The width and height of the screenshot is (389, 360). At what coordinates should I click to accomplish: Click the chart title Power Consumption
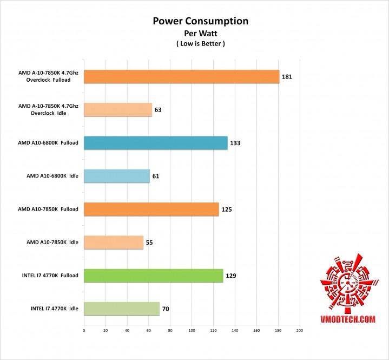tap(200, 21)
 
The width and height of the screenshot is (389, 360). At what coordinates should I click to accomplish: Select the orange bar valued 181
tap(181, 77)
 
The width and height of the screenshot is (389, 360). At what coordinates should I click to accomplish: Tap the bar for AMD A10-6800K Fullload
tap(155, 143)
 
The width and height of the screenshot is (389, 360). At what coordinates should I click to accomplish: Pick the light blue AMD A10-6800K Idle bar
tap(116, 176)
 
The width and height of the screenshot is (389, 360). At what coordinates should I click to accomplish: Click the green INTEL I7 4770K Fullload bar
tap(153, 276)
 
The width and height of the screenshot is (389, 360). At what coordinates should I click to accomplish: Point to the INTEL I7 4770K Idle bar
tap(121, 309)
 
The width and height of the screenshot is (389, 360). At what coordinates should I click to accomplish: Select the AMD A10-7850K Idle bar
tap(113, 243)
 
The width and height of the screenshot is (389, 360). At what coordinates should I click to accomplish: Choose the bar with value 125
tap(151, 209)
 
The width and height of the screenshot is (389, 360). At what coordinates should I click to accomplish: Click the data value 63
tap(158, 110)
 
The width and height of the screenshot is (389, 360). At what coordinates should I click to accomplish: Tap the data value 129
tap(231, 276)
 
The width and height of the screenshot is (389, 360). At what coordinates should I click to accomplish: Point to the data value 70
tap(166, 310)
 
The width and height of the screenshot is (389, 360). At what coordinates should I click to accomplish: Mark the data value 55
tap(149, 243)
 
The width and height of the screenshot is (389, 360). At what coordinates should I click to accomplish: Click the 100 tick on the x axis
tap(192, 330)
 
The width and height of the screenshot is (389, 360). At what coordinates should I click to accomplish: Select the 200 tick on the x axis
tap(299, 330)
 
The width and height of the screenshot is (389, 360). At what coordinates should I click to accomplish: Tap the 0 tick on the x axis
tap(84, 330)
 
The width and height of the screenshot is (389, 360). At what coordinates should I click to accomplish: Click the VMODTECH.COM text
tap(347, 320)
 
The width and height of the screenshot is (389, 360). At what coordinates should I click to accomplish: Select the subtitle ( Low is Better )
tap(200, 43)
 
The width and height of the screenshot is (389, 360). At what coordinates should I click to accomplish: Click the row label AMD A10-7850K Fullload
tap(48, 209)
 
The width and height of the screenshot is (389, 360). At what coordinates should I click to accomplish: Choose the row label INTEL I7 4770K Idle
tap(55, 309)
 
